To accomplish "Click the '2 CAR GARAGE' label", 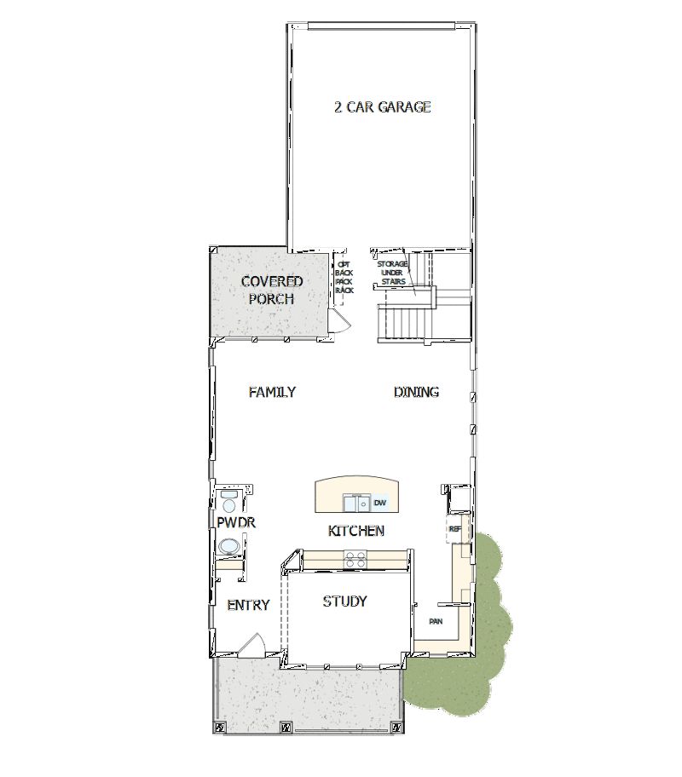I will click(x=382, y=107).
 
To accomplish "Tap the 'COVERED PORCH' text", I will click(x=271, y=291).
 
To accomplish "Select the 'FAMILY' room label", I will click(x=272, y=392).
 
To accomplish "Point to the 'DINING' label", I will click(x=416, y=392).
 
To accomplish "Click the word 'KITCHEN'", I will click(x=355, y=531).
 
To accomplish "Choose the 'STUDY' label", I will click(x=344, y=601).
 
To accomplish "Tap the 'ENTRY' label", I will click(x=248, y=605).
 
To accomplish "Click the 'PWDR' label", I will click(x=236, y=522).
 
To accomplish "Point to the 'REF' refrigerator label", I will click(x=454, y=529).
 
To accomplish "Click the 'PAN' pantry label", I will click(x=435, y=621).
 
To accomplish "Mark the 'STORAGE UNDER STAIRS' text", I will click(x=393, y=273).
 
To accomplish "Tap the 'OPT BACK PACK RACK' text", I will click(x=344, y=277).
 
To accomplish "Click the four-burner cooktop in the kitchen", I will click(x=355, y=559).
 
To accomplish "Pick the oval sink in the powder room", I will click(x=228, y=546).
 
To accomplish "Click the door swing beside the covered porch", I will click(x=340, y=320).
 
